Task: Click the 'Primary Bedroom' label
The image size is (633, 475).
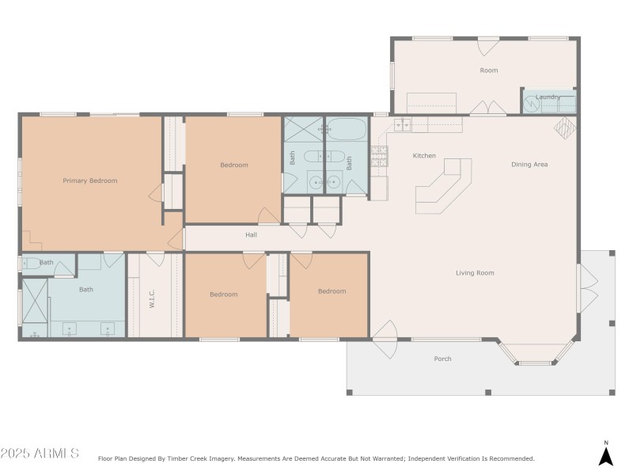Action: coord(90,180)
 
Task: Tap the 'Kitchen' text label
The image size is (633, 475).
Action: coord(424,156)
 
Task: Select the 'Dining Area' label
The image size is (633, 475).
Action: coord(529,165)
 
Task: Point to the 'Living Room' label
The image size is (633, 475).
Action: coord(475,273)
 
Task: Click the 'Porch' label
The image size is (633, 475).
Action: coord(442,359)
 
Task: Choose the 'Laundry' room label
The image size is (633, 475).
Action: coord(548,97)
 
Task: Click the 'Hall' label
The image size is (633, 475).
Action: coord(251,234)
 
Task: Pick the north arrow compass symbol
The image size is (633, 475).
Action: coord(605,455)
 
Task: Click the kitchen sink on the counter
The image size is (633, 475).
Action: coord(403,124)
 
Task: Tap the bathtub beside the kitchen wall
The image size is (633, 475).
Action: coord(346,128)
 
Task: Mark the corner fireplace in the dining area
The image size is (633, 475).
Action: coord(566,127)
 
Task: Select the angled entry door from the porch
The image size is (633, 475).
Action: coord(384,332)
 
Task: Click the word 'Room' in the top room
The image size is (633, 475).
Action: coord(489,70)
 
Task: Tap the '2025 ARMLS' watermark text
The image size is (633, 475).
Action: coord(40,454)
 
